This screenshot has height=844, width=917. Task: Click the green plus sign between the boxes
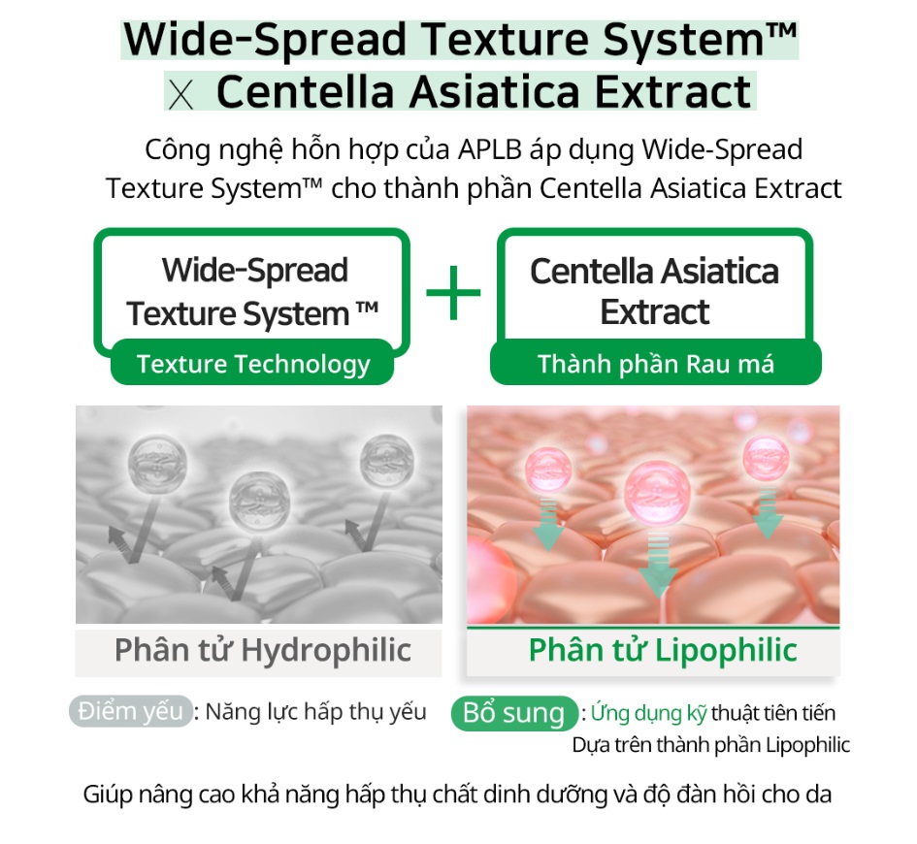tap(453, 292)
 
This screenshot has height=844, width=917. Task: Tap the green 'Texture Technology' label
tap(252, 363)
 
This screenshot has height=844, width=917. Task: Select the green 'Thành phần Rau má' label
tap(656, 363)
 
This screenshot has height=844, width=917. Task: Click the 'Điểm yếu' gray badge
tap(130, 711)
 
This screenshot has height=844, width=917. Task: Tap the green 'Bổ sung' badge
tap(514, 713)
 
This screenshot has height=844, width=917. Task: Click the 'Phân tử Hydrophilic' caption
tap(263, 650)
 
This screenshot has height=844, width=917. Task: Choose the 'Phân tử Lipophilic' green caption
tap(663, 650)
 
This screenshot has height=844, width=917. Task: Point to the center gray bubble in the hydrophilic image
tap(259, 501)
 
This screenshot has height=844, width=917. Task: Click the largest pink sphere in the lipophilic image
tap(657, 492)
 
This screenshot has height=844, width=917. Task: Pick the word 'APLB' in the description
tap(489, 149)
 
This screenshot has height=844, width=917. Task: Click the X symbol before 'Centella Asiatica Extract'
tap(180, 95)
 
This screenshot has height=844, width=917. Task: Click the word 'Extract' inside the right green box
tap(654, 311)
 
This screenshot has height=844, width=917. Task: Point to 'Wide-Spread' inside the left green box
tap(255, 270)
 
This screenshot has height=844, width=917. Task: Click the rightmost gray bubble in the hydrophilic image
tap(386, 462)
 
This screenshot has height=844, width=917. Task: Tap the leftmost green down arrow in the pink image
tap(548, 524)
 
